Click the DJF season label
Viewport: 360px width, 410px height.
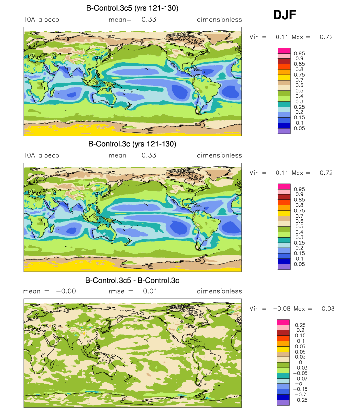(285, 15)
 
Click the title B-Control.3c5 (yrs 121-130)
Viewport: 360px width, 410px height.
(133, 8)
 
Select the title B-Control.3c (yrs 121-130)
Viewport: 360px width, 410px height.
(133, 144)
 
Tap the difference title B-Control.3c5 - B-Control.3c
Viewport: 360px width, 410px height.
(133, 280)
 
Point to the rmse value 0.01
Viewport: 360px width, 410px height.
(150, 291)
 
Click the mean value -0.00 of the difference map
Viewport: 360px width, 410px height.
(66, 291)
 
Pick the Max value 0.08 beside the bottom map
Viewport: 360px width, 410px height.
(328, 309)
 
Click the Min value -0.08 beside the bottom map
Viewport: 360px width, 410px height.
(282, 309)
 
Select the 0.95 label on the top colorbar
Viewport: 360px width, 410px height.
(299, 54)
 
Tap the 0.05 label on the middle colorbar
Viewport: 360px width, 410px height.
(299, 264)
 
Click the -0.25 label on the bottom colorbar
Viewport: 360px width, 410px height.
(301, 400)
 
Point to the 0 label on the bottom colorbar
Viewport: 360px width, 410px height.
(300, 362)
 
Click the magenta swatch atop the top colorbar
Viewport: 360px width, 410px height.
(284, 51)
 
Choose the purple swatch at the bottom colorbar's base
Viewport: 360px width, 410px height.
(283, 403)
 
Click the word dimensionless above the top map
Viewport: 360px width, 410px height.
(219, 19)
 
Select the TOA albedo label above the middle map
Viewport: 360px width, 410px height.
(41, 155)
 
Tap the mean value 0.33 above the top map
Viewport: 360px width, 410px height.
(149, 19)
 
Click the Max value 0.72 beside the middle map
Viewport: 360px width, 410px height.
(326, 173)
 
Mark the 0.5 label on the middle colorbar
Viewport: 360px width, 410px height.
(299, 227)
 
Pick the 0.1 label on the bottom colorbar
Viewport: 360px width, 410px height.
(300, 341)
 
